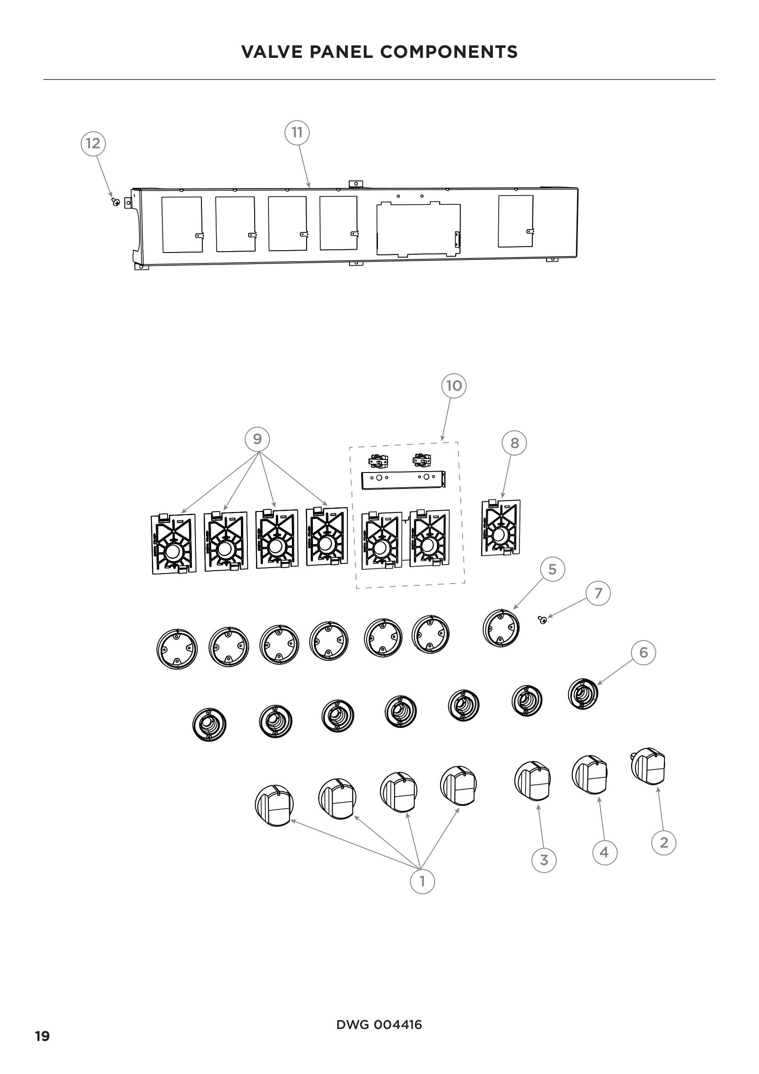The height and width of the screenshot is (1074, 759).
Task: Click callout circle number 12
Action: click(93, 143)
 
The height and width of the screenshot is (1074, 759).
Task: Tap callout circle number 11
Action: click(297, 132)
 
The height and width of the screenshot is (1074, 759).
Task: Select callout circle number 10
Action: click(454, 386)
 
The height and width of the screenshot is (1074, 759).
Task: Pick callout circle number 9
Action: click(257, 439)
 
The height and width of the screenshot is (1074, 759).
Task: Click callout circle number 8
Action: click(514, 443)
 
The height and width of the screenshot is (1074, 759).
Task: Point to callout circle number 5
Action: click(553, 569)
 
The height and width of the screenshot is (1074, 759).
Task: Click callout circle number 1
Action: click(422, 881)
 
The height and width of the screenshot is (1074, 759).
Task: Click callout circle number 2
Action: click(664, 843)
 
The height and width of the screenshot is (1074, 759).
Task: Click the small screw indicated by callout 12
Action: click(116, 202)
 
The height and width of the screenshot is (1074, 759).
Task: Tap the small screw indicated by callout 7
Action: click(543, 620)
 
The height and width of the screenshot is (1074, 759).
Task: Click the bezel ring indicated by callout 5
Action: click(502, 628)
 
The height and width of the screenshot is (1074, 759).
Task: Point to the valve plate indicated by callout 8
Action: click(501, 528)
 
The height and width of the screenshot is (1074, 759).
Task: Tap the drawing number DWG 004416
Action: click(379, 1025)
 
